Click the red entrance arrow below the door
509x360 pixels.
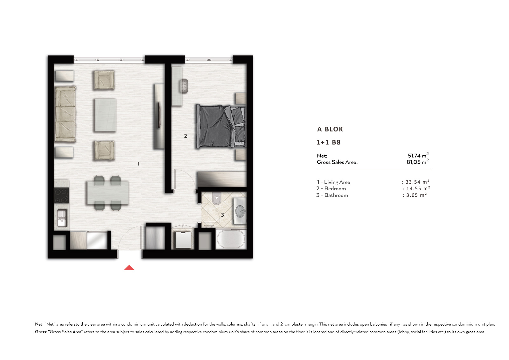point(129,268)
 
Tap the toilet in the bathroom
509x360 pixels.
point(217,198)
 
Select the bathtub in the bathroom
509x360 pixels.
point(231,239)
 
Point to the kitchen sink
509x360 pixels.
point(62,218)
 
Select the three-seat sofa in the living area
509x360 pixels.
point(66,114)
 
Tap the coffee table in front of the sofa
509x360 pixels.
point(105,115)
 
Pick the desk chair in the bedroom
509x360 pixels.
point(184,86)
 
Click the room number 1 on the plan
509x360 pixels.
point(138,164)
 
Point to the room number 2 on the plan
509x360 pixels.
point(185,136)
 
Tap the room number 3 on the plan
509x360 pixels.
point(222,215)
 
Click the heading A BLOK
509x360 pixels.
point(330,129)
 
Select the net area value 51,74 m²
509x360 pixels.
point(418,155)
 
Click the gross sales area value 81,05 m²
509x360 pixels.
point(417,162)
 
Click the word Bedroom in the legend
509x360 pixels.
point(335,188)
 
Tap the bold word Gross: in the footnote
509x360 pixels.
point(41,332)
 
